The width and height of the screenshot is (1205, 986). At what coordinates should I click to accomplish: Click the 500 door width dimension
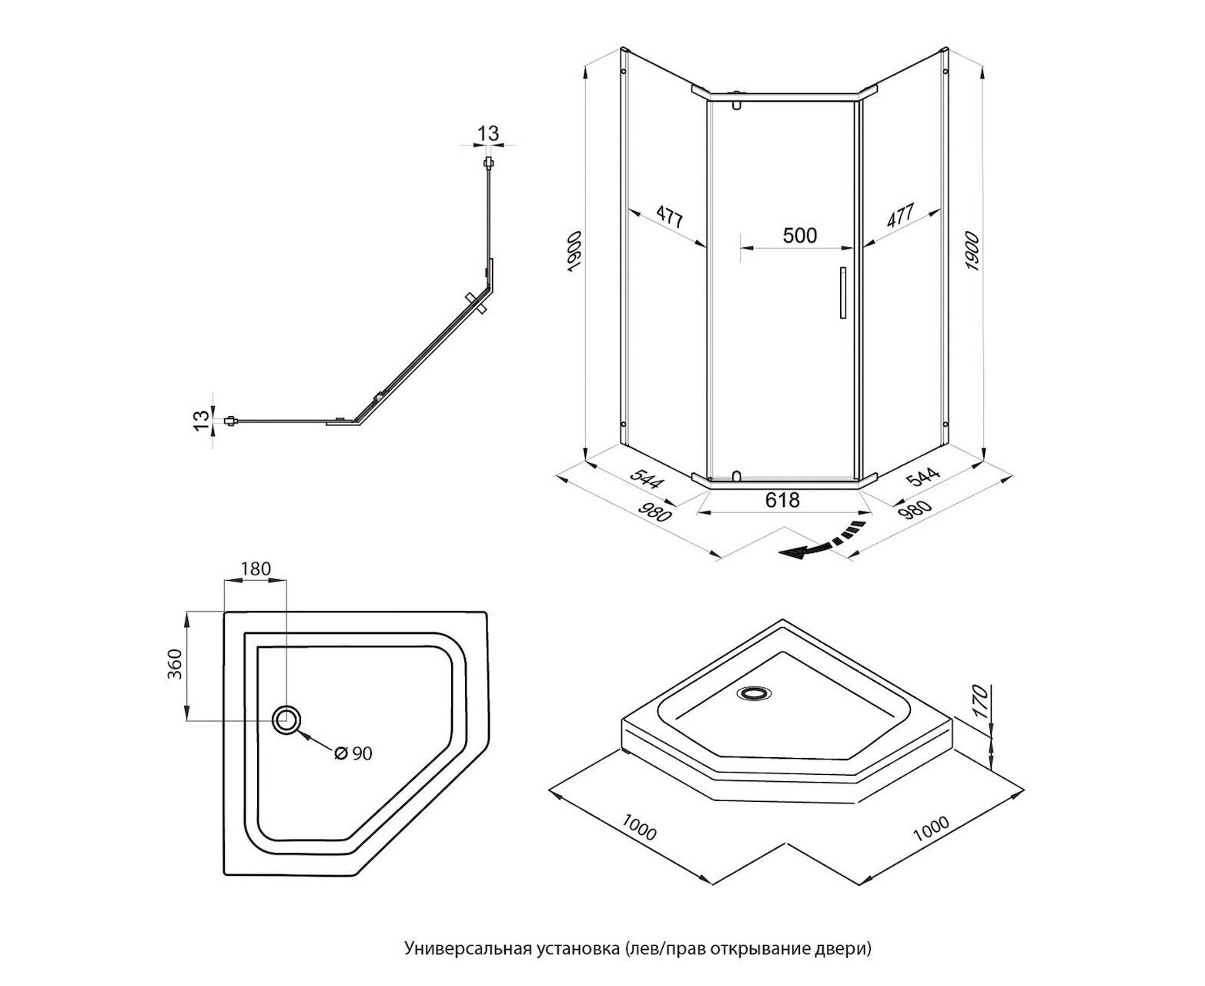pyautogui.click(x=799, y=235)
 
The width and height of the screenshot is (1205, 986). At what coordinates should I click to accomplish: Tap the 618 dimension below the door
pyautogui.click(x=782, y=501)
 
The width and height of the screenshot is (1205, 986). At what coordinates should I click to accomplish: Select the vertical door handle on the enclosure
pyautogui.click(x=843, y=293)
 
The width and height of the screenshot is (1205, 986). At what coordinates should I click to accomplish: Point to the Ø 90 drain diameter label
pyautogui.click(x=353, y=753)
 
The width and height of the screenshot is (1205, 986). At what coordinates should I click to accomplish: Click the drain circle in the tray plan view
pyautogui.click(x=287, y=720)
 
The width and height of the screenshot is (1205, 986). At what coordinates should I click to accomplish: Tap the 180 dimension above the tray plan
pyautogui.click(x=256, y=569)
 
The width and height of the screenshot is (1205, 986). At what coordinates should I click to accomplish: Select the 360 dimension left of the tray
pyautogui.click(x=175, y=665)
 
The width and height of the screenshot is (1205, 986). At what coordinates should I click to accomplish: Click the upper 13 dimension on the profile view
pyautogui.click(x=488, y=134)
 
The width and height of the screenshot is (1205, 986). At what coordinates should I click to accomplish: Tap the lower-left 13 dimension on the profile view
pyautogui.click(x=201, y=421)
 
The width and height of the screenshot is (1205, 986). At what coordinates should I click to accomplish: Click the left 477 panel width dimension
pyautogui.click(x=669, y=217)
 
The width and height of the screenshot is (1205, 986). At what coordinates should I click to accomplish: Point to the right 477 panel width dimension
pyautogui.click(x=900, y=216)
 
